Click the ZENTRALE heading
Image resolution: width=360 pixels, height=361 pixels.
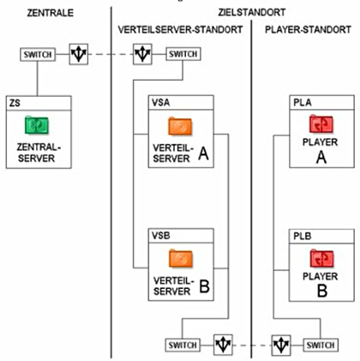coord(51,13)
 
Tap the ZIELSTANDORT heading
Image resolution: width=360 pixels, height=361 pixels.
coord(252,12)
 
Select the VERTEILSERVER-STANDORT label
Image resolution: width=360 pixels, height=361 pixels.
coord(180,29)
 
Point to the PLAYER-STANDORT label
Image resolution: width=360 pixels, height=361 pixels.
coord(308,29)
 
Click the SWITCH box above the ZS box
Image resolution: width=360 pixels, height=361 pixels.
coord(38,54)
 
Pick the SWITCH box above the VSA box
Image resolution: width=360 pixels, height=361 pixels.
coord(183,54)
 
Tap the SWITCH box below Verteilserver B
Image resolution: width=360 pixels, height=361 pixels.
coord(183,345)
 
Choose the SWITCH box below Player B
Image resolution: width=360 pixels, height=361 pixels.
coord(321,345)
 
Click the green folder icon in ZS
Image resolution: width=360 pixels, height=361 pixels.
coord(37,125)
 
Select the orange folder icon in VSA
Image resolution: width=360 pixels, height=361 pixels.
coord(180,126)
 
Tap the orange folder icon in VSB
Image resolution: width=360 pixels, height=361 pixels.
coord(180,258)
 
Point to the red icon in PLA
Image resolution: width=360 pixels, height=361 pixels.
coord(321,124)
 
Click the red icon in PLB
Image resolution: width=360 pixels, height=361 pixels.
coord(321,258)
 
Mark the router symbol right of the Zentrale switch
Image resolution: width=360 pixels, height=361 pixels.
coord(79,54)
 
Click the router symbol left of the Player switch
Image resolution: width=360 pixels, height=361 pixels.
coord(281,345)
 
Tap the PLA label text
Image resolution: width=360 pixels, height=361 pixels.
coord(303,102)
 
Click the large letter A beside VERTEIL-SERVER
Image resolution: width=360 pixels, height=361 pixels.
coord(203,153)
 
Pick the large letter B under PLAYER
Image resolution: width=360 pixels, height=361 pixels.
coord(322,291)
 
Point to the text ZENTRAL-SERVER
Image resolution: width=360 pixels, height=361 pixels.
coord(39,153)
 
